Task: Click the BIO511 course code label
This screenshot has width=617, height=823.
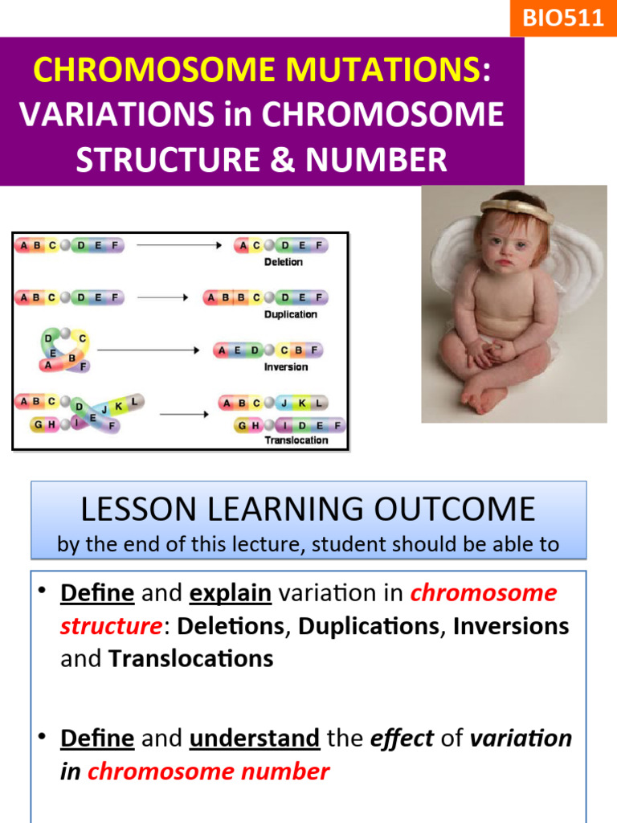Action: (563, 18)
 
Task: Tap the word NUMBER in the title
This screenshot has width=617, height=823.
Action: (372, 160)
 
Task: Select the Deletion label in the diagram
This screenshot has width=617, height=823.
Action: (284, 262)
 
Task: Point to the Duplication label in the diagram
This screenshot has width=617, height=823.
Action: (290, 314)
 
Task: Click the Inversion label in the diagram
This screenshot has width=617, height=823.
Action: (286, 366)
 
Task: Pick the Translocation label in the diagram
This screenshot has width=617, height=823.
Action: (296, 440)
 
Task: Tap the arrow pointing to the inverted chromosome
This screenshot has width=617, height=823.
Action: (148, 350)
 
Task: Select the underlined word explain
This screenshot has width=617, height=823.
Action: (230, 593)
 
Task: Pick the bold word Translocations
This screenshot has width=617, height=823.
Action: (191, 659)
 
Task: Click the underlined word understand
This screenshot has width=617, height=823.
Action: (255, 738)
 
